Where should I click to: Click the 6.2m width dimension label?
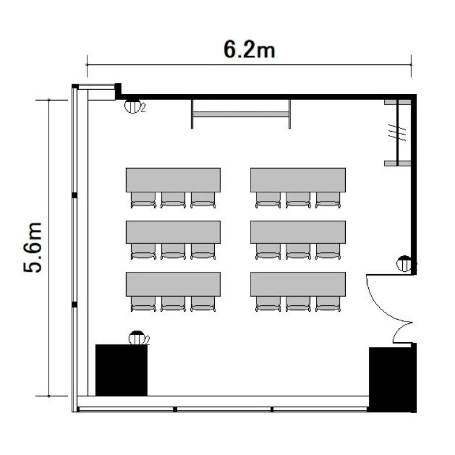249,50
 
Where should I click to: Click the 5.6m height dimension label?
33,248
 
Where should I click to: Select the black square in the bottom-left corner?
121,370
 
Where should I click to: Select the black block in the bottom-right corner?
393,380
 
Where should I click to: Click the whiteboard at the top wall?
241,114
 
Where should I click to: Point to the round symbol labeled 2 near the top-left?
133,106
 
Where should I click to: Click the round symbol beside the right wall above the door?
404,263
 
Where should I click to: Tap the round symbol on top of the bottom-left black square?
137,337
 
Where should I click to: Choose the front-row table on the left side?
174,180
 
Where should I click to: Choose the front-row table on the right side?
298,180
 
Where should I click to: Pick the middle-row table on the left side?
174,232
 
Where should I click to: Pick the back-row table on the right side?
298,284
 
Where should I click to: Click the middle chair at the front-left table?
174,200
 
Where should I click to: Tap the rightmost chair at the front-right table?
328,200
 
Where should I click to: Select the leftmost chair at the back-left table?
143,304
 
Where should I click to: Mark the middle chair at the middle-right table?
298,251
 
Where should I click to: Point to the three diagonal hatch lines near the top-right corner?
397,133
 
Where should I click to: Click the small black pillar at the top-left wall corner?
118,92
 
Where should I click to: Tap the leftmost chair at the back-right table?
268,304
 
